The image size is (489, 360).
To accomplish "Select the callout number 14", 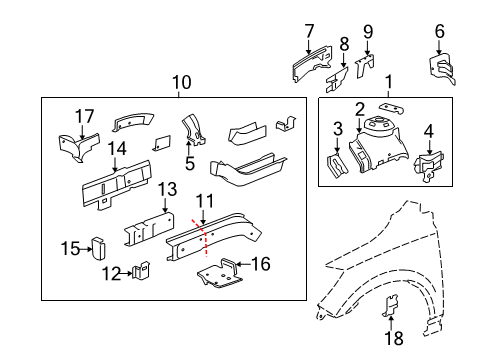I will pyautogui.click(x=117, y=149).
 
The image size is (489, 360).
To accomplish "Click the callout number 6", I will pyautogui.click(x=439, y=32).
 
